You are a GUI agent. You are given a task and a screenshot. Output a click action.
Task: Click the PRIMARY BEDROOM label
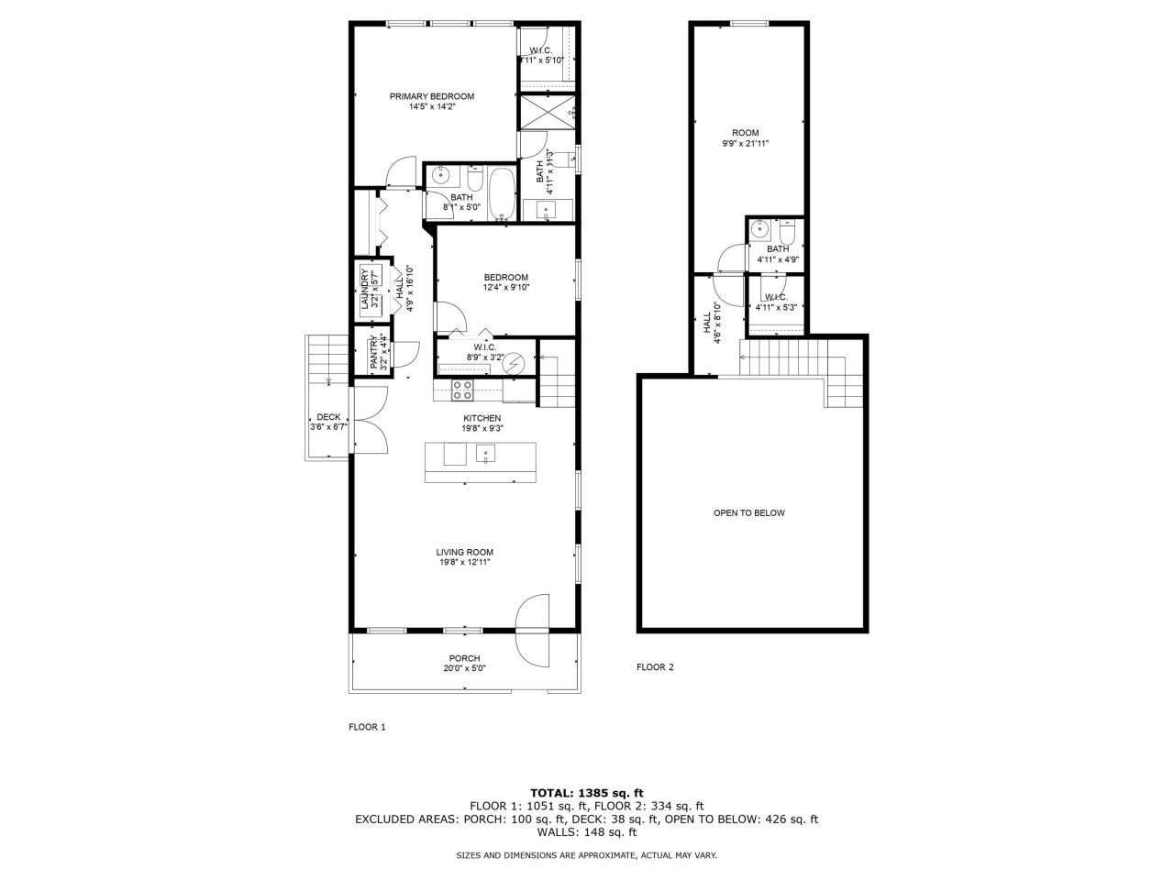431,96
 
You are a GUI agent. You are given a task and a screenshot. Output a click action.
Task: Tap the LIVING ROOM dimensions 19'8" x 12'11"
464,563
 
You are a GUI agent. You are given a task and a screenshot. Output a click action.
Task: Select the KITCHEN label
482,418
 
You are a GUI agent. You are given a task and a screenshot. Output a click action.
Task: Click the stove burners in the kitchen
462,390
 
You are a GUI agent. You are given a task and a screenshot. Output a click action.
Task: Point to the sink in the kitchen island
486,453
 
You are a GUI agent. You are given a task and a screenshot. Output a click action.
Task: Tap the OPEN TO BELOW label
748,513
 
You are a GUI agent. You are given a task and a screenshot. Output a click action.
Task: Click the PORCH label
464,658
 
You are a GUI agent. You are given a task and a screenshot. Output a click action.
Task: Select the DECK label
328,417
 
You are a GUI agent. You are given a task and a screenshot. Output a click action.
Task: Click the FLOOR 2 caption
655,667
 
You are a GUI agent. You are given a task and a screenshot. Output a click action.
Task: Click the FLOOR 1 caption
367,727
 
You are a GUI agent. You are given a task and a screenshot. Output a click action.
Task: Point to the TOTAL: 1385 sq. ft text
587,792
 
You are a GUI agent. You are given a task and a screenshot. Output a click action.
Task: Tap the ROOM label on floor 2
745,133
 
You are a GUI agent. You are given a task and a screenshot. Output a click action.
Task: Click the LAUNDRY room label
363,290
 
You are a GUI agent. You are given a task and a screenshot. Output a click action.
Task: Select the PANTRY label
374,352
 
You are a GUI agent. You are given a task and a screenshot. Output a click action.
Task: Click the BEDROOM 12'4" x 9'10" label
506,278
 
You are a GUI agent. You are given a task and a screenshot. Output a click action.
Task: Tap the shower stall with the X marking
547,113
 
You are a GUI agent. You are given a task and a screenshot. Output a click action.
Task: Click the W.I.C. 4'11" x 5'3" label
776,297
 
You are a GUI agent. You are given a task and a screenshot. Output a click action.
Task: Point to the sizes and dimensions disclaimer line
587,855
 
